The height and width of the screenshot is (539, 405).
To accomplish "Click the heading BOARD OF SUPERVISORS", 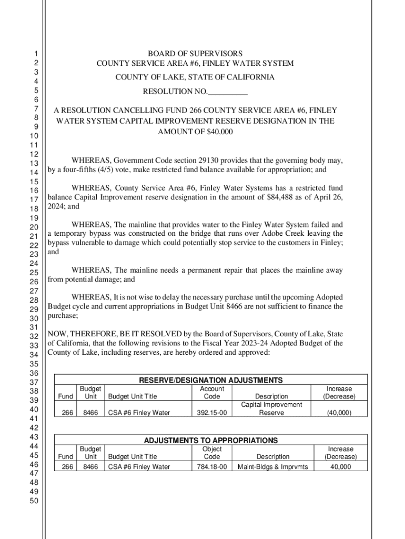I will pyautogui.click(x=195, y=54).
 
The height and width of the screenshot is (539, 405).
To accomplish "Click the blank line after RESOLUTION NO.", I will pyautogui.click(x=228, y=93).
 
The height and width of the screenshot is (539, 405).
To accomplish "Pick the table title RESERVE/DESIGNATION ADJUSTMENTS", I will pyautogui.click(x=210, y=380).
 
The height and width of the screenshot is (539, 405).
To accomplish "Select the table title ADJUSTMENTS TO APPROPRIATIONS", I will pyautogui.click(x=210, y=440).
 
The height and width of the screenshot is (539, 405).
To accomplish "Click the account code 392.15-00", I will pyautogui.click(x=212, y=413).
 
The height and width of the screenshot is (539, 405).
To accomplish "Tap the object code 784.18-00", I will pyautogui.click(x=212, y=466).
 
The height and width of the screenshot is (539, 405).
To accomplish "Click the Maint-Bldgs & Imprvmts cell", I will pyautogui.click(x=273, y=466).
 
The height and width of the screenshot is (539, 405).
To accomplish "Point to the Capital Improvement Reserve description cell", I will pyautogui.click(x=271, y=408).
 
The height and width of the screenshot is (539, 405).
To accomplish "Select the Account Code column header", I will pyautogui.click(x=212, y=393).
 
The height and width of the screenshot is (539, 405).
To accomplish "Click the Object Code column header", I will pyautogui.click(x=212, y=453).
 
